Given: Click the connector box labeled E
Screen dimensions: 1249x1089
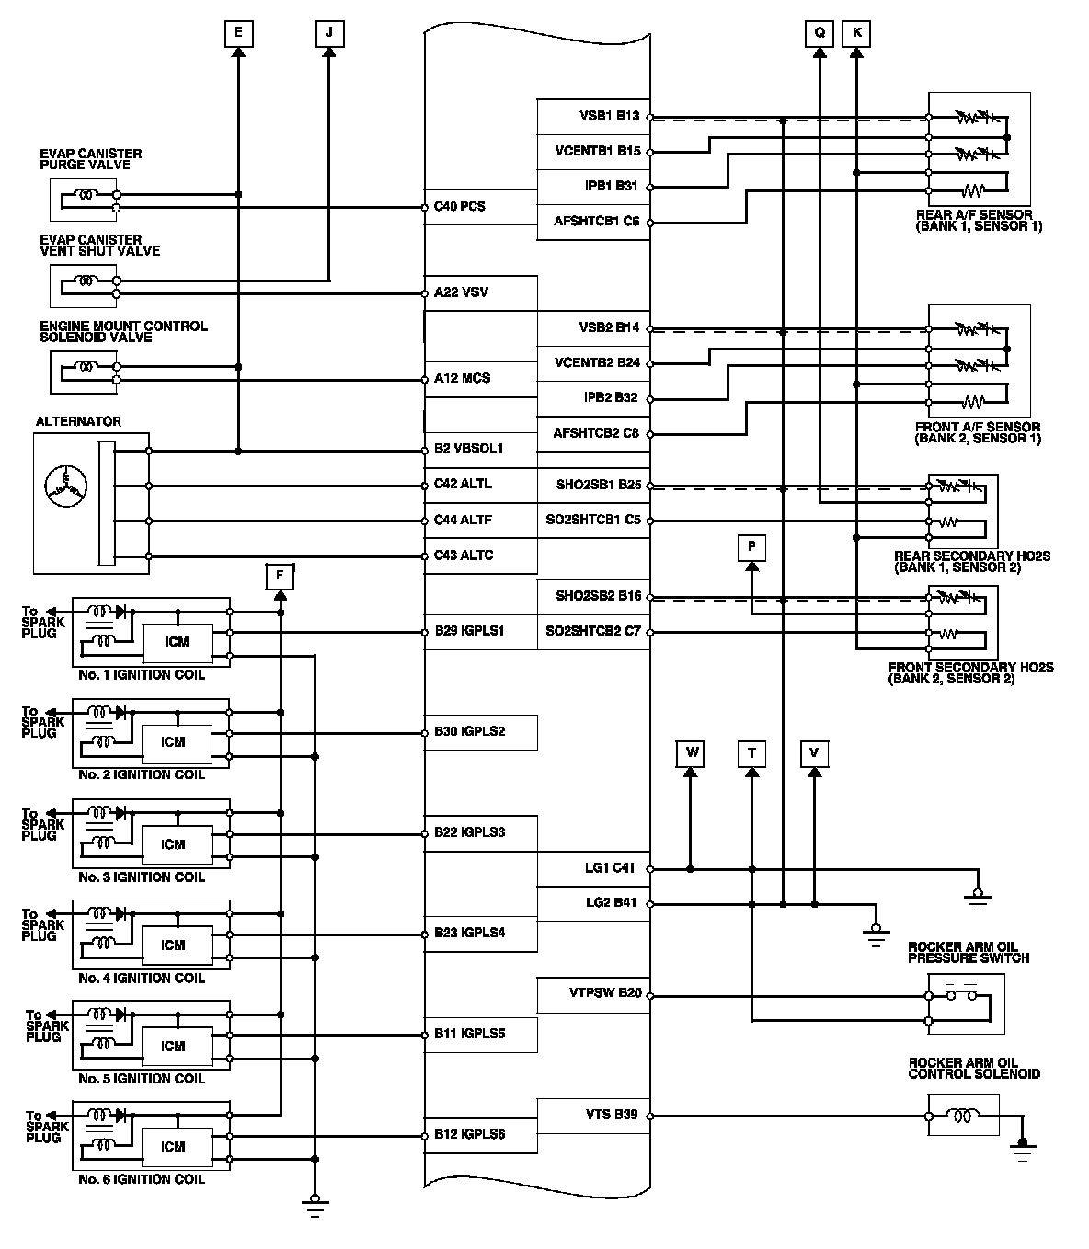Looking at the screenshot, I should click(x=238, y=34).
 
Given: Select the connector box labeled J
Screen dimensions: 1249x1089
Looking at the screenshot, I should click(x=328, y=34).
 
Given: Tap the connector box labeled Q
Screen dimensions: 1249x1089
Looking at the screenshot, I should click(x=819, y=34).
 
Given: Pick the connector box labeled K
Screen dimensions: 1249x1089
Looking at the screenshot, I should click(x=857, y=34).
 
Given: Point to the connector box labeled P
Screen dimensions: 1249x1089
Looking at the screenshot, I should click(x=751, y=547).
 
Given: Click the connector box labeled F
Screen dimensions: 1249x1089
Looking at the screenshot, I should click(x=280, y=577).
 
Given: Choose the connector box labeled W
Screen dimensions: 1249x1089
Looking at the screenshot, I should click(x=691, y=753).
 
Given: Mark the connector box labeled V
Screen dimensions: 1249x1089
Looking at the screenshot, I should click(x=814, y=753).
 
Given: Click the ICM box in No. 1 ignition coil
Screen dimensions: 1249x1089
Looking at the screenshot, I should click(x=174, y=642).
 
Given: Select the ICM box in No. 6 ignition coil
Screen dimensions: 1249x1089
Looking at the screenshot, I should click(x=174, y=1147).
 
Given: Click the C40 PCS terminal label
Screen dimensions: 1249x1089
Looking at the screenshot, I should click(x=460, y=207).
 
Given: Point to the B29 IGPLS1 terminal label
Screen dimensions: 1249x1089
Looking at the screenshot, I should click(x=469, y=632).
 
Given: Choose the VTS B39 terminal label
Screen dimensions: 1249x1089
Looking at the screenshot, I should click(x=612, y=1115).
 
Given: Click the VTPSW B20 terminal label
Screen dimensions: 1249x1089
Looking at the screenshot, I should click(x=605, y=993).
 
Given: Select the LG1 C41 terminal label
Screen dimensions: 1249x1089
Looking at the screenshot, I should click(x=610, y=867).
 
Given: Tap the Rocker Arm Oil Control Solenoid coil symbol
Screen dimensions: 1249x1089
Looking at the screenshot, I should click(x=963, y=1116).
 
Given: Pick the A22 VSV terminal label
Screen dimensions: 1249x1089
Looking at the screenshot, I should click(x=461, y=292).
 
